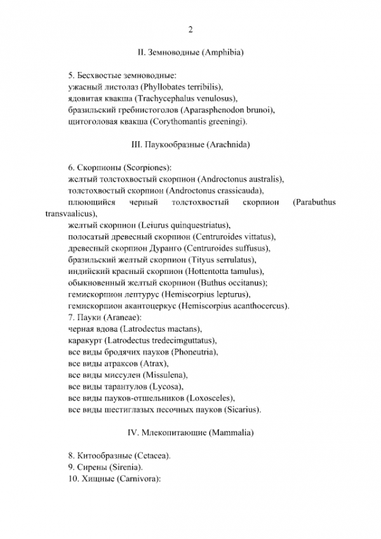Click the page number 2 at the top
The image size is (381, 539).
[x=190, y=29]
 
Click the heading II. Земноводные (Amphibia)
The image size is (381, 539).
[x=190, y=53]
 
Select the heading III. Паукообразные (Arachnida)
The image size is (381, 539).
[x=190, y=145]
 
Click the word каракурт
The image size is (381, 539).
[x=86, y=341]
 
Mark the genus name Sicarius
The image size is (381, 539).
[x=243, y=410]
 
